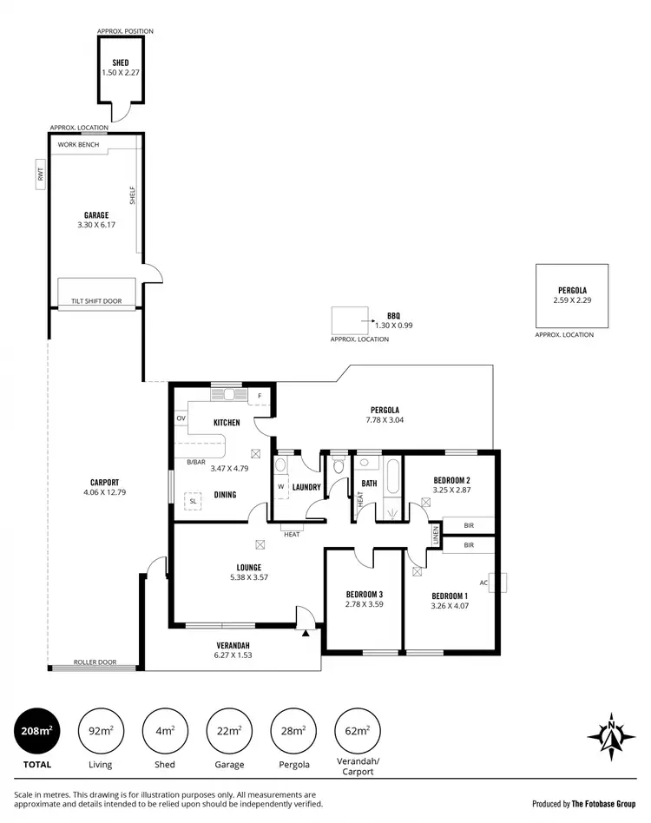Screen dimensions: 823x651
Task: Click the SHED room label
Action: [120, 63]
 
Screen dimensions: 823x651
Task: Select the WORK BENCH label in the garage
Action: [78, 144]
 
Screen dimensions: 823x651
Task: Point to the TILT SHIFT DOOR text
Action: [96, 302]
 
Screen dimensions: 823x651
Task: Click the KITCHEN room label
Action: [227, 423]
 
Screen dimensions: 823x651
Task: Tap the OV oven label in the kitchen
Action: [181, 418]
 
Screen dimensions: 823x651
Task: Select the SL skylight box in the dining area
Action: [193, 500]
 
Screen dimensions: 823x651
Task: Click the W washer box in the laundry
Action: [280, 486]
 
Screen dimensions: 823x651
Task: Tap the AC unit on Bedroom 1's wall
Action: [496, 583]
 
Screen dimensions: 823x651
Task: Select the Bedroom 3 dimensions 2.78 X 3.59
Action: [364, 604]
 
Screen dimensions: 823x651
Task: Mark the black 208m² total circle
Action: [34, 731]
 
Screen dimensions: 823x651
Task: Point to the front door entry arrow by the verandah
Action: [306, 634]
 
